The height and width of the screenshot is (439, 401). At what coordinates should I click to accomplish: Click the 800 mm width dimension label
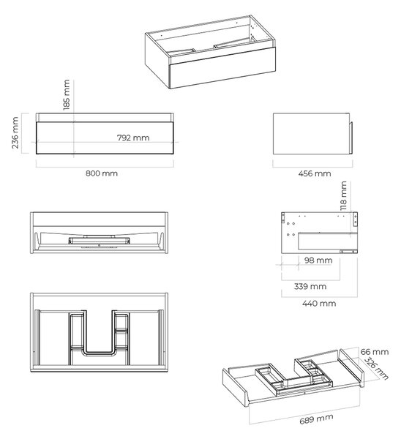tap(102, 173)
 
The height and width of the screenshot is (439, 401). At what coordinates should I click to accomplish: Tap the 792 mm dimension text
tap(133, 138)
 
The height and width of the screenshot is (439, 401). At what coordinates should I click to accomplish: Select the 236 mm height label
tap(15, 132)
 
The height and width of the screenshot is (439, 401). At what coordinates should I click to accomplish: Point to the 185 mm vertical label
tap(67, 95)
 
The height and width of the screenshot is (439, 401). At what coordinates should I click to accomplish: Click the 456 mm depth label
tap(315, 173)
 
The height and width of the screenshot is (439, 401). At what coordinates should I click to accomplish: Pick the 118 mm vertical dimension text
tap(344, 195)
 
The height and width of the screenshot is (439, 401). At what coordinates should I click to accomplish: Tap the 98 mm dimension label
tap(318, 260)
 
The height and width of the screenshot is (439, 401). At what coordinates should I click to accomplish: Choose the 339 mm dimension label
tap(310, 286)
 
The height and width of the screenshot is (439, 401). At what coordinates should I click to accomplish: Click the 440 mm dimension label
tap(319, 303)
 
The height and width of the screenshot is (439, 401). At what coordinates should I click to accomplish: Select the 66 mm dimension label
tap(375, 352)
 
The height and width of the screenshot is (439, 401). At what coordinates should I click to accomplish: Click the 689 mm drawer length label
tap(316, 419)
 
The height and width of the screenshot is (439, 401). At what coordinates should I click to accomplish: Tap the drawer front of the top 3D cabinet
tap(222, 68)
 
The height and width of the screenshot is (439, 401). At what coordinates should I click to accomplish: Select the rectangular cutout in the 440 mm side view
tap(328, 241)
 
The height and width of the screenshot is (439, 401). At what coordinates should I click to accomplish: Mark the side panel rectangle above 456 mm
tap(311, 134)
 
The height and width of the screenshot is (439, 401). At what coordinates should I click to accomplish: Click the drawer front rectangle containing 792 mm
tap(105, 138)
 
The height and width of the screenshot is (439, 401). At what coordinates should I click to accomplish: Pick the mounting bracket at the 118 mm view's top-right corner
tap(356, 219)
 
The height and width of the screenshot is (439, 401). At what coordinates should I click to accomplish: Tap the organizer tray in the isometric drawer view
tap(294, 377)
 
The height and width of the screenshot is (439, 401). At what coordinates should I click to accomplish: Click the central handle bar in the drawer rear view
tap(99, 241)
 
